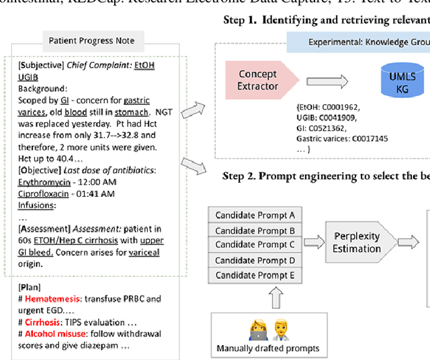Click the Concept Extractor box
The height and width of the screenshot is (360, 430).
coord(257,80)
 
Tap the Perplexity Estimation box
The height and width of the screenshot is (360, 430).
coord(356,242)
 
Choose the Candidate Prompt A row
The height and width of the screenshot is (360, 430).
coord(255,215)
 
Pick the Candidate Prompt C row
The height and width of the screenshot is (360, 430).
coord(255,244)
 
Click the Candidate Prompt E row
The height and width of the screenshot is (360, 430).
coord(255,275)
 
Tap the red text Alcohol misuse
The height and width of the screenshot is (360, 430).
coord(56,334)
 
